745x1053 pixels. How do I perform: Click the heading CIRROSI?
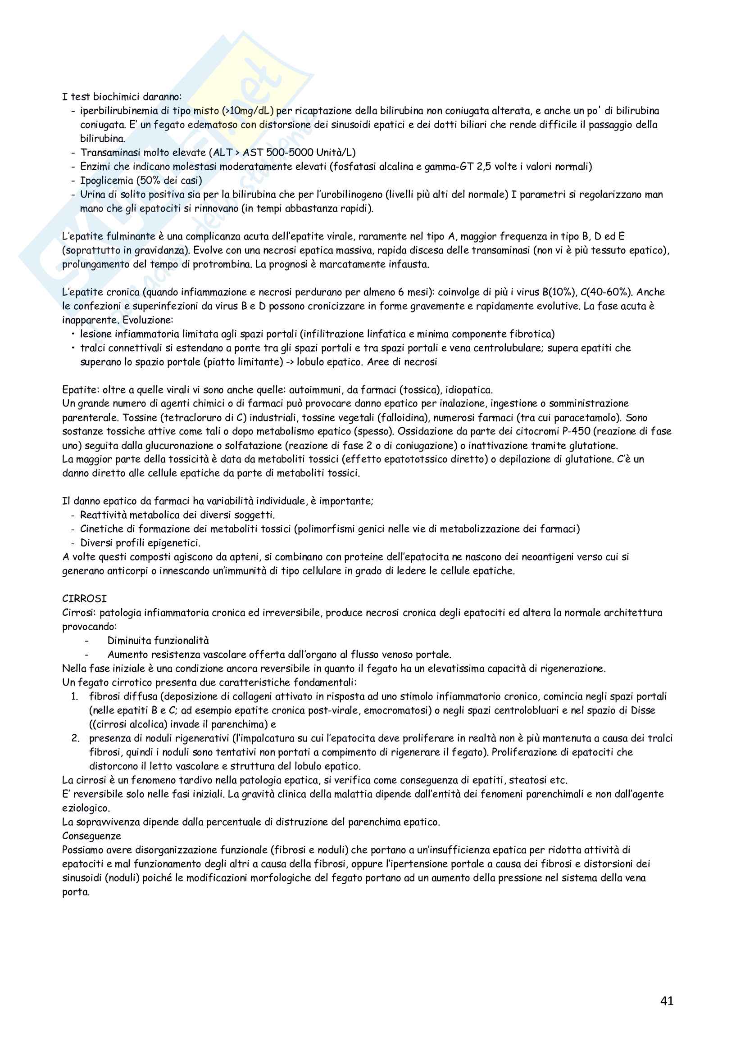point(84,598)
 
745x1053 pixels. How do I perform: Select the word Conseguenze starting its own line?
point(92,836)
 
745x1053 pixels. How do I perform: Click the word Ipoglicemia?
point(106,180)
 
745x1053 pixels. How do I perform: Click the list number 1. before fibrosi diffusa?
point(75,696)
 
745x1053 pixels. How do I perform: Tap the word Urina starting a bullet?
point(93,194)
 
